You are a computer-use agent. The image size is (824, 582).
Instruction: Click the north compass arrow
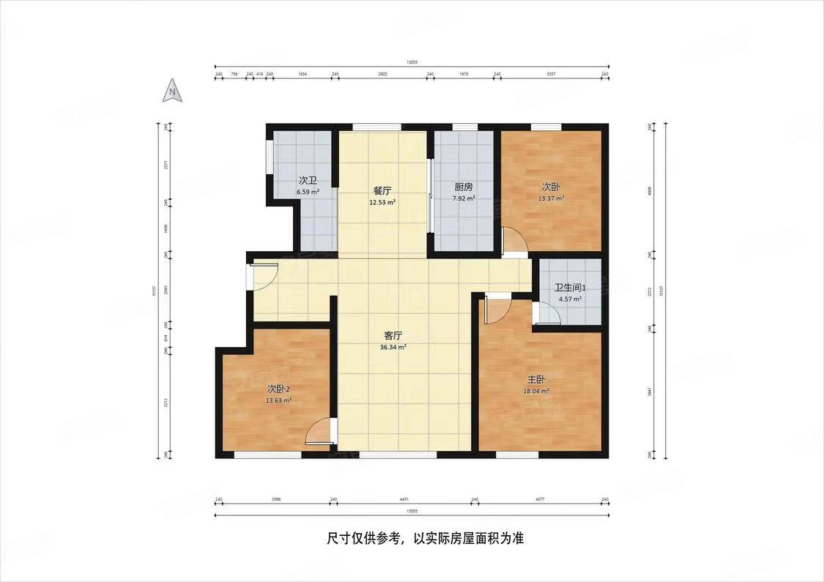[x=171, y=92]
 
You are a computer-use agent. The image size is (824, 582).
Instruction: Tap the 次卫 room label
[x=308, y=181]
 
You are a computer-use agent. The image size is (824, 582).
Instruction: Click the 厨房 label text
[x=464, y=187]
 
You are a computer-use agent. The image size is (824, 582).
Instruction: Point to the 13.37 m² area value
[x=551, y=198]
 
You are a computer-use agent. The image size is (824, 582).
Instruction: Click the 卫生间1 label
[x=570, y=288]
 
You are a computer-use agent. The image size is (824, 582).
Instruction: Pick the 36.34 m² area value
[x=393, y=348]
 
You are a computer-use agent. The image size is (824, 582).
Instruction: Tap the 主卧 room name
[x=536, y=380]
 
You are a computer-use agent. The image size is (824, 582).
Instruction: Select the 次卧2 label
[x=278, y=389]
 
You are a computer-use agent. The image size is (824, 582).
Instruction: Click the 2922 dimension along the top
[x=382, y=75]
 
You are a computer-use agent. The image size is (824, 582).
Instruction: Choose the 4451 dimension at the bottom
[x=404, y=500]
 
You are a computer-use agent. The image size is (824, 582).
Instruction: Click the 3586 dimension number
[x=276, y=500]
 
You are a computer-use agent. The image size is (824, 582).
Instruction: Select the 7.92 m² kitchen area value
[x=464, y=198]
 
